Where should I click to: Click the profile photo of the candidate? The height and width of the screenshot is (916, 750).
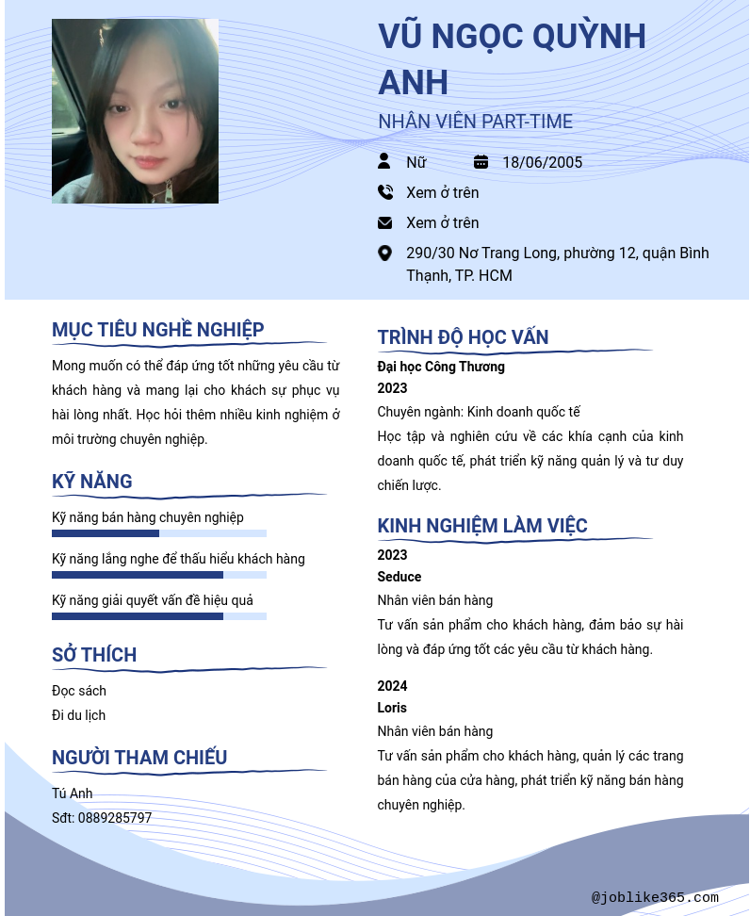coord(135,111)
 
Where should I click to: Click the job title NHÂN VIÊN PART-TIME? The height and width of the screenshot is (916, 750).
coord(475,122)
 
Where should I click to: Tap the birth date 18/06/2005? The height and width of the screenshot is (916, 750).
coord(542,162)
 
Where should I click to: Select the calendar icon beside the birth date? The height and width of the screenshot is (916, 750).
coord(481,162)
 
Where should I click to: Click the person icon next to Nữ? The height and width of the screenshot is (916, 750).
coord(384,162)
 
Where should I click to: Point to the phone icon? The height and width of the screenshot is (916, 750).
coord(384,192)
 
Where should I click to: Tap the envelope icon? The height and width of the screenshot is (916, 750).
coord(384,222)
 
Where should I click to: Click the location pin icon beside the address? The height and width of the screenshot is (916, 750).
coord(384,253)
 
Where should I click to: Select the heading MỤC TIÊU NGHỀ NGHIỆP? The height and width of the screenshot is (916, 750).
coord(158,329)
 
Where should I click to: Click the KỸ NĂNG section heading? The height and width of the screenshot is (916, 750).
coord(92,482)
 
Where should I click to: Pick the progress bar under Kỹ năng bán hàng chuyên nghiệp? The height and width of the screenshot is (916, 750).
coord(159,533)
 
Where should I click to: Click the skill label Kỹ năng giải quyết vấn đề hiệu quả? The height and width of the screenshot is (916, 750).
coord(153,600)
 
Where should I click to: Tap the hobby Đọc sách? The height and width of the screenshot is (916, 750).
coord(79,691)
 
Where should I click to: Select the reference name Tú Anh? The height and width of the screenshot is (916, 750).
coord(73,793)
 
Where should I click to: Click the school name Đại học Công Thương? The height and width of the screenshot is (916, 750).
coord(441,367)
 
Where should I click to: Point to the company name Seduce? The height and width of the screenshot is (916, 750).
coord(399,577)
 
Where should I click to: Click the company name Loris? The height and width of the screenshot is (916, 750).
coord(392,708)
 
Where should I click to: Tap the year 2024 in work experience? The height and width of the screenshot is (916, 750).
coord(393,686)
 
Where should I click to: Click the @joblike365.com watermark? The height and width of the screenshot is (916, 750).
coord(655,897)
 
